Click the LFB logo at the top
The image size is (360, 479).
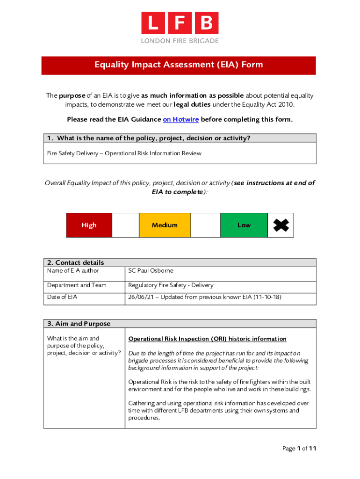coord(180,23)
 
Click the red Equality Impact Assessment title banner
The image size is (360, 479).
coord(179,65)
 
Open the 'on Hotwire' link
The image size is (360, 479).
coord(180,119)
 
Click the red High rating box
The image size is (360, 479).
coord(89,225)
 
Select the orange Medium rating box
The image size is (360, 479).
coord(165,225)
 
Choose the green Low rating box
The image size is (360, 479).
coord(244,225)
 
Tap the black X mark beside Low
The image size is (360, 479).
coord(281,225)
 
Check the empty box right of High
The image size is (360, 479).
coord(125,225)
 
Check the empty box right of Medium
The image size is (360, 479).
coord(205,225)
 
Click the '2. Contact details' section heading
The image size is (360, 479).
coord(76,262)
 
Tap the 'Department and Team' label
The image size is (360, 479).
coord(77,285)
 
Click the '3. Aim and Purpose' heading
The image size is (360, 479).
coord(79,324)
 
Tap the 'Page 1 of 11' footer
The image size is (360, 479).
coord(299,449)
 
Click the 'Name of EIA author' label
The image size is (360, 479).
coord(73,271)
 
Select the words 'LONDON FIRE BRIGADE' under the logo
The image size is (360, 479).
coord(180,41)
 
